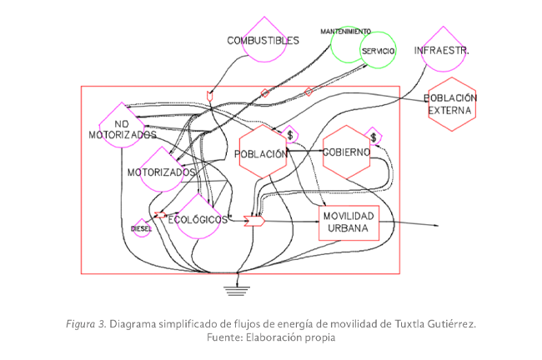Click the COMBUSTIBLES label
click(263, 40)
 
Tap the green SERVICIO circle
click(365, 48)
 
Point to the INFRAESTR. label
click(441, 51)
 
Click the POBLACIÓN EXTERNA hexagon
click(451, 103)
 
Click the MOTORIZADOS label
click(161, 172)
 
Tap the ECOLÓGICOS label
click(198, 219)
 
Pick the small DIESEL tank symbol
click(141, 227)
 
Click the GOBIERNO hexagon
click(346, 152)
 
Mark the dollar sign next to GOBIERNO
click(374, 137)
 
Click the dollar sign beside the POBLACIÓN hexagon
click(290, 134)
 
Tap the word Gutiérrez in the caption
click(449, 323)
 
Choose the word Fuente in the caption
click(224, 338)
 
